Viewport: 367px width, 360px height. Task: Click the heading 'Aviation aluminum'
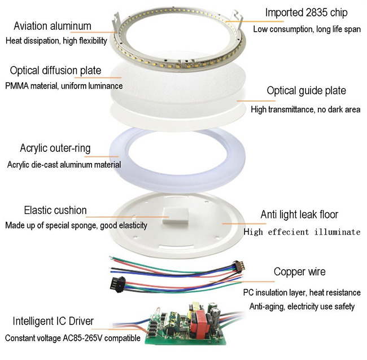coord(53,26)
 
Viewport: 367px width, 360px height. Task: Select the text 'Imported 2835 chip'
coord(306,12)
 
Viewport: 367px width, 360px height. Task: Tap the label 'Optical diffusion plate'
coord(55,71)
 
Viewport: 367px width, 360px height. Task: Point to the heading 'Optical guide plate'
coord(307,91)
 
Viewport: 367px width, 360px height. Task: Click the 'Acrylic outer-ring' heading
coord(55,148)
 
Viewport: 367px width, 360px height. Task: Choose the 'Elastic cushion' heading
coord(55,210)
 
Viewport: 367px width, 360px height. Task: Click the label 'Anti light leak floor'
coord(299,214)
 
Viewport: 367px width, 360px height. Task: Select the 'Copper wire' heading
coord(300,272)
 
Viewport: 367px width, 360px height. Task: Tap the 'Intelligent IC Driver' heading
coord(53,321)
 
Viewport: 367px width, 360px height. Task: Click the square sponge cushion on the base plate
coord(176,216)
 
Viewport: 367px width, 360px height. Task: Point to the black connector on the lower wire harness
coord(117,284)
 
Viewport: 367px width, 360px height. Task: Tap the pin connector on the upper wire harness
coord(239,266)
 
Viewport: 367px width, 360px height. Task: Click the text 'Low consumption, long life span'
coord(307,29)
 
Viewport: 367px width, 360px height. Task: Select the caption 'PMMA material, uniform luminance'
coord(64,86)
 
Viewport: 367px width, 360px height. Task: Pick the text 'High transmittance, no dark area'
coord(305,109)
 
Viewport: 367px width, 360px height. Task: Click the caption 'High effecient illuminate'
coord(302,232)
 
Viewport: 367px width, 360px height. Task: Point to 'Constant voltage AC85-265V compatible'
coord(73,338)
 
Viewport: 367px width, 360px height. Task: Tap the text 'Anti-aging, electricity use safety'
coord(302,306)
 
